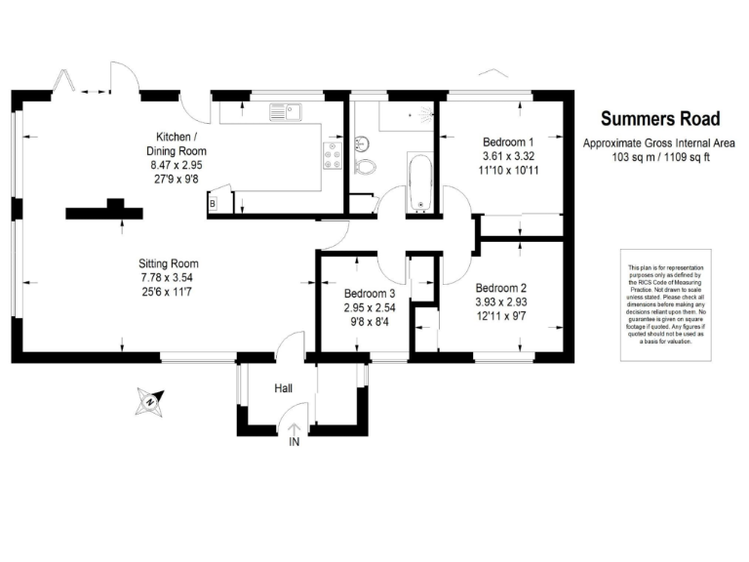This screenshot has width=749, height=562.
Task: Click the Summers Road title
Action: (660, 119)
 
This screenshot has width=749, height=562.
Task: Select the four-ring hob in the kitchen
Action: (332, 153)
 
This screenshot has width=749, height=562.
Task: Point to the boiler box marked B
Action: (212, 203)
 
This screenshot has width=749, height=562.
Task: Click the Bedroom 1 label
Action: (508, 140)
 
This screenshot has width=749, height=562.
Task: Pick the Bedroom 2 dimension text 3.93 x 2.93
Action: (501, 303)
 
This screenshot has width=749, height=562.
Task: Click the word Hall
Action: (283, 389)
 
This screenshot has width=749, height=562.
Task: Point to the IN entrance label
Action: (294, 442)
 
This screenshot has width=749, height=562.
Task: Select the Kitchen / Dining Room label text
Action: (177, 143)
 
